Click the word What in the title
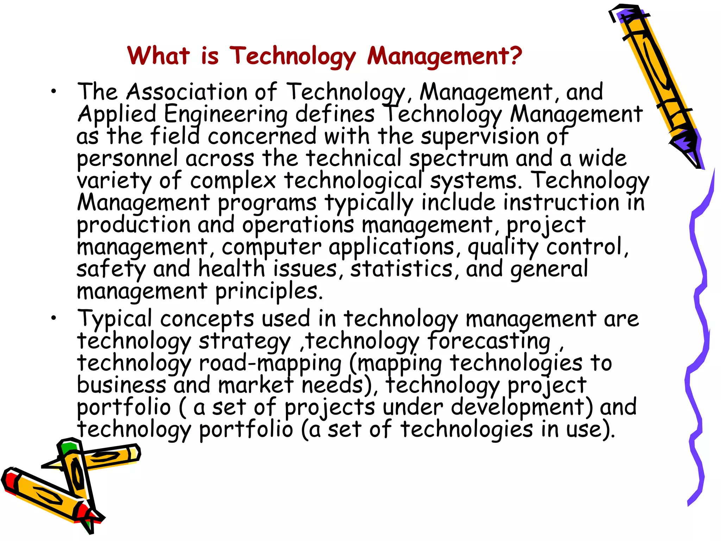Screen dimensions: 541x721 point(158,56)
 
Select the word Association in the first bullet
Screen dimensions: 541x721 point(187,92)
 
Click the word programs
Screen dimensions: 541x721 point(267,203)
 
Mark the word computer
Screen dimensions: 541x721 point(271,247)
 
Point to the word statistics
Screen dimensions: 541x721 point(401,269)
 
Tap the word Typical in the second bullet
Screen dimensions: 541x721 point(115,319)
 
